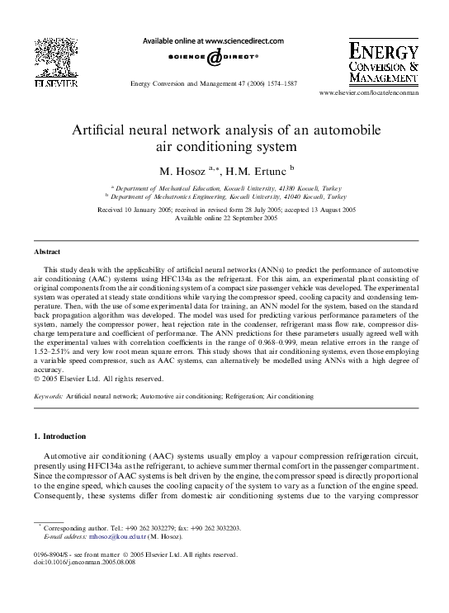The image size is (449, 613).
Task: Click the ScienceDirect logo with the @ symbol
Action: (213, 58)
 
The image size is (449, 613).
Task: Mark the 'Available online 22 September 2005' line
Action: (225, 218)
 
